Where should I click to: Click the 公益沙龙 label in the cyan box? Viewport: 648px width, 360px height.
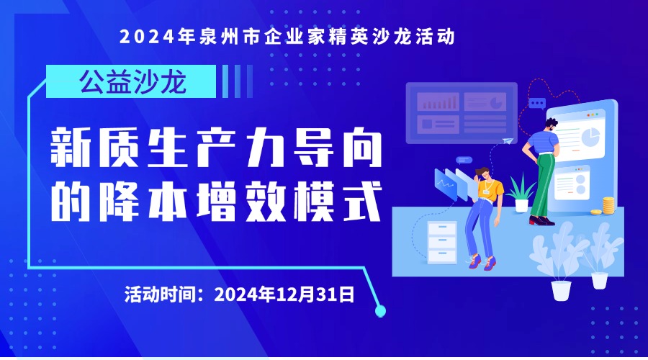(x=133, y=82)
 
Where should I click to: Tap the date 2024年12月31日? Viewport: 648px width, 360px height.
(x=284, y=294)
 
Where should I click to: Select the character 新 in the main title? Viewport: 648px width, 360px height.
(x=71, y=148)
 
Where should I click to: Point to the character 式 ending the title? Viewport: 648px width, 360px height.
(x=361, y=202)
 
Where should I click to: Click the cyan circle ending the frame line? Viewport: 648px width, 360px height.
(x=379, y=311)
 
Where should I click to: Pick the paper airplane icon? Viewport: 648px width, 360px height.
(x=508, y=141)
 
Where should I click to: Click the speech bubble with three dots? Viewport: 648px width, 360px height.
(x=537, y=104)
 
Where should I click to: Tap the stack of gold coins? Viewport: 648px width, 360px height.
(x=608, y=205)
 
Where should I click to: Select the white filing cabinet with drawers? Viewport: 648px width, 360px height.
(x=442, y=242)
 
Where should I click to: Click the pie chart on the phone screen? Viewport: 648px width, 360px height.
(x=591, y=137)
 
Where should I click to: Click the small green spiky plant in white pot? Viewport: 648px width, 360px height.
(x=521, y=194)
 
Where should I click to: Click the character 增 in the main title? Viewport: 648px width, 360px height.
(x=216, y=202)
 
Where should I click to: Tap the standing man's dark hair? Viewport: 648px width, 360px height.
(x=551, y=122)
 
